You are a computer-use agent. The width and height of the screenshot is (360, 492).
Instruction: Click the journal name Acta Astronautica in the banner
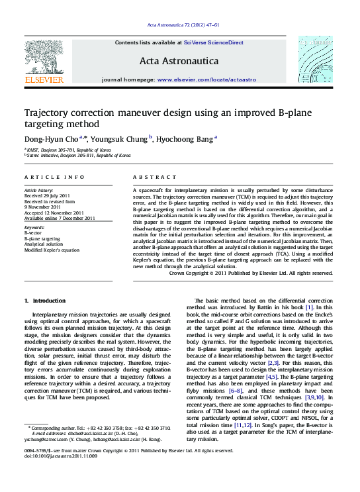tap(179, 61)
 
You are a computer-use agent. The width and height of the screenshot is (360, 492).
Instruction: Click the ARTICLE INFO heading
tap(54, 177)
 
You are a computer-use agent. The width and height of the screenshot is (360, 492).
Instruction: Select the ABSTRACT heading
tap(151, 177)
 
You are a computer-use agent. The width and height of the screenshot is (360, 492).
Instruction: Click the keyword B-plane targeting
tap(42, 238)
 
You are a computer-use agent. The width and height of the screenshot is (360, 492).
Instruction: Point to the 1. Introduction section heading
tap(45, 301)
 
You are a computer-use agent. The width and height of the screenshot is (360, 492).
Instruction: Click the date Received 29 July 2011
tap(48, 197)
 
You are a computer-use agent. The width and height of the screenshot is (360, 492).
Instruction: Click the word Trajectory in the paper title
tap(48, 113)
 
